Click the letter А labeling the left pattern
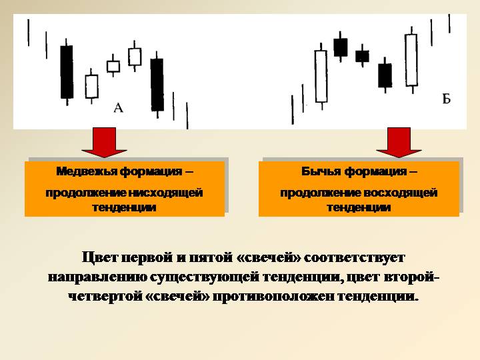pyautogui.click(x=119, y=107)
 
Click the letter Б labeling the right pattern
pyautogui.click(x=447, y=99)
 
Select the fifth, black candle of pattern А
pyautogui.click(x=157, y=84)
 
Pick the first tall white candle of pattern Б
pyautogui.click(x=321, y=77)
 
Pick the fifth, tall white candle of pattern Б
pyautogui.click(x=411, y=60)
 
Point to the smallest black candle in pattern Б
pyautogui.click(x=362, y=56)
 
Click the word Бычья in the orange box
pyautogui.click(x=321, y=172)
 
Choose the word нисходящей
pyautogui.click(x=170, y=193)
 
